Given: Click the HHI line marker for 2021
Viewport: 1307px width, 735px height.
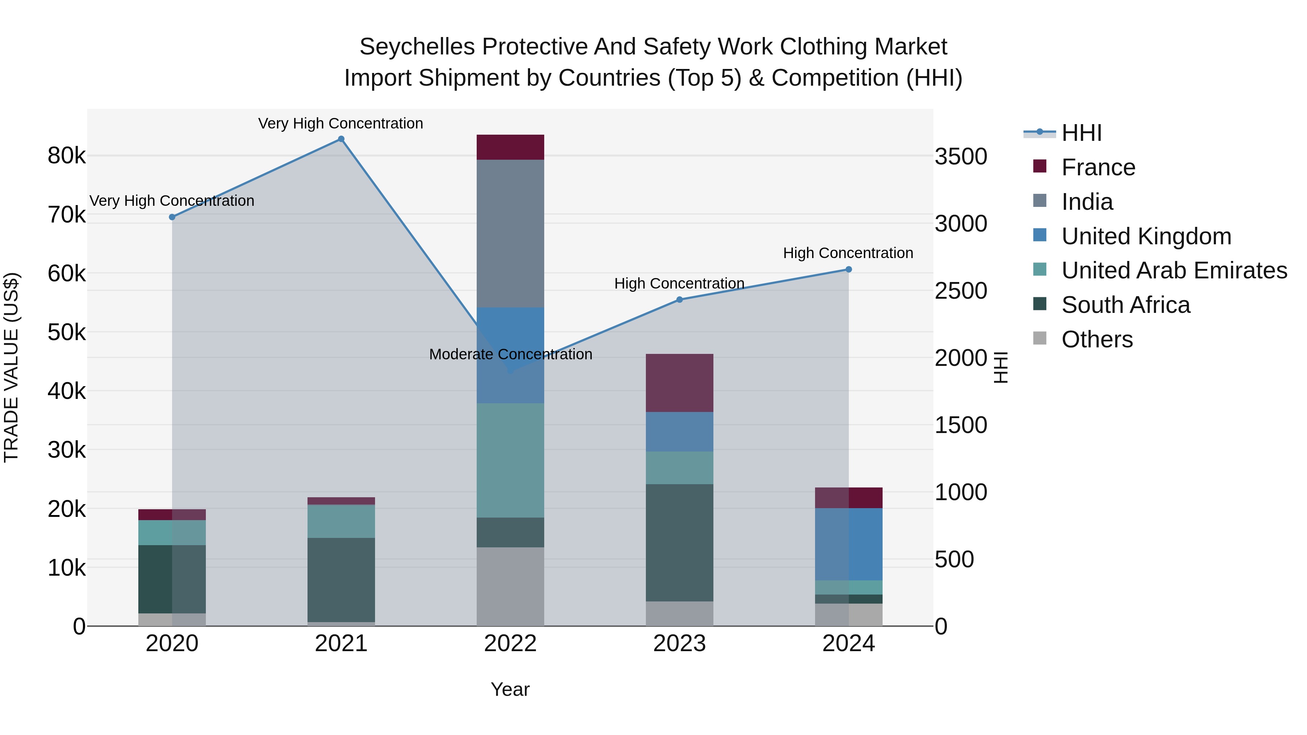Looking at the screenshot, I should coord(341,139).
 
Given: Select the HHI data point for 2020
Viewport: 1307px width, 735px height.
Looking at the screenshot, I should coord(172,217).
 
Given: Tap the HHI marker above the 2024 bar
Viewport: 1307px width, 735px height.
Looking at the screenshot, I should coord(848,269).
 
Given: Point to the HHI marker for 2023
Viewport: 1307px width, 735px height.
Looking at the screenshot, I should coord(679,300).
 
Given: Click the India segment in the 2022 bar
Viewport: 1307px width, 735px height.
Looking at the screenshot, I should coord(510,233).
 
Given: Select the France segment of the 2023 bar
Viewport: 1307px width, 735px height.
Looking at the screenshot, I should coord(679,383).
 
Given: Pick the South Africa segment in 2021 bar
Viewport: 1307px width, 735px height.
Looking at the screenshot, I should coord(341,579).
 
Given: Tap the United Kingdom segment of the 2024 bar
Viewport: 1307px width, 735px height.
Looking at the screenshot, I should coord(848,544).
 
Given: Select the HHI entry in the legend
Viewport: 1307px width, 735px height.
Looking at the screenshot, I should coord(1081,133).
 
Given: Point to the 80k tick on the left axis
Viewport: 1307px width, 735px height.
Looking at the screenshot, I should coord(66,156).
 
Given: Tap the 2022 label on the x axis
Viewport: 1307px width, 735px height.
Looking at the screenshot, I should coord(510,644).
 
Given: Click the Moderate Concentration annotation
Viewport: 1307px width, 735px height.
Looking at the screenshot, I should coord(510,354).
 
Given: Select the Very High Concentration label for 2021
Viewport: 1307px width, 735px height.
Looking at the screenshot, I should coord(341,123).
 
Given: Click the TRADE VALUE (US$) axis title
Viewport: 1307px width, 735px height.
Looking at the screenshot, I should coord(11,367).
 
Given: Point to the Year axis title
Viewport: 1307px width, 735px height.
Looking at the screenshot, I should coord(510,689).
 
